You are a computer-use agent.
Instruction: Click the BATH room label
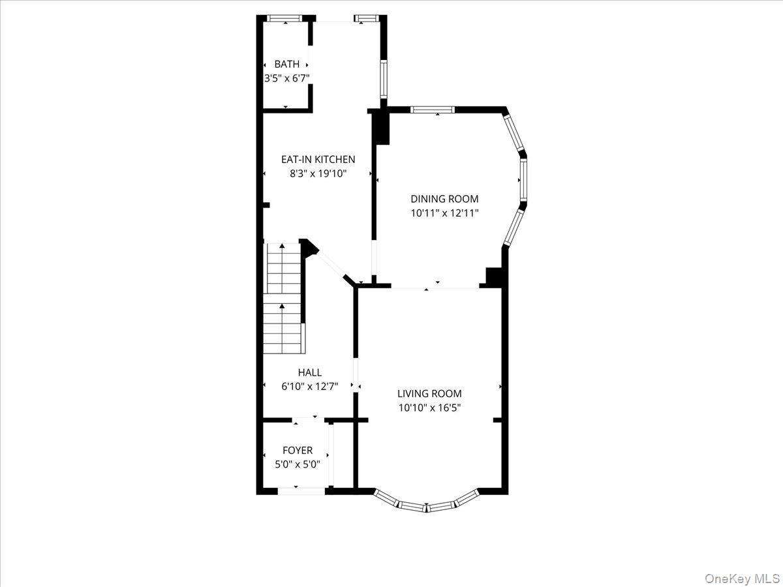tap(287, 64)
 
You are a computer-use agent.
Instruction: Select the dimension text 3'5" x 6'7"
tap(286, 78)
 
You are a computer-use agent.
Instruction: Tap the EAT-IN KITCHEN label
tap(318, 159)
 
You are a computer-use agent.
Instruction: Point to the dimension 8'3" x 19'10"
tap(318, 173)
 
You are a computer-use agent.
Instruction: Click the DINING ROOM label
tap(444, 199)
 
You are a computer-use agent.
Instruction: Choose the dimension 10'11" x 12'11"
tap(444, 213)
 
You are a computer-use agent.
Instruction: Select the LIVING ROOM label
tap(429, 393)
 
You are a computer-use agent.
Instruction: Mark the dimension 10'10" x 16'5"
tap(429, 408)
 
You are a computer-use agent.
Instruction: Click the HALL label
tap(309, 372)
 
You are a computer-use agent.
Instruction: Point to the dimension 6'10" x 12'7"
tap(309, 386)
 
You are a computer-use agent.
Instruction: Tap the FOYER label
tap(298, 450)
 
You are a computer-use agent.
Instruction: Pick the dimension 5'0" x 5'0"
tap(298, 464)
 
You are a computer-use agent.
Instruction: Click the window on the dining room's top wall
tap(433, 110)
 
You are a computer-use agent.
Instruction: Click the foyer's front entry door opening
tap(301, 490)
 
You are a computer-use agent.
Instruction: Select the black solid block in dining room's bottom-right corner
tap(494, 277)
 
